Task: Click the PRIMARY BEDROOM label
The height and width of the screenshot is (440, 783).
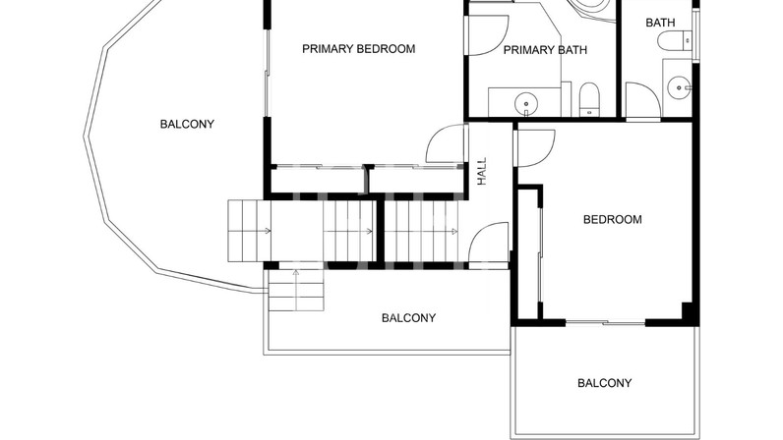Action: click(358, 49)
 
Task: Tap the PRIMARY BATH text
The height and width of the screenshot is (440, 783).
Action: click(545, 50)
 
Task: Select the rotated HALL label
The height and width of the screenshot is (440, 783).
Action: click(482, 172)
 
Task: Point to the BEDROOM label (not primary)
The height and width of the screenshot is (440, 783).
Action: click(612, 219)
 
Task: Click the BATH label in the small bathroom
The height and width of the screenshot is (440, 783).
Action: click(660, 23)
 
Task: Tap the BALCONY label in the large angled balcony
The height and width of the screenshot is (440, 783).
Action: click(187, 124)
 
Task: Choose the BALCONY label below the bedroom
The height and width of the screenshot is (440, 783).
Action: click(604, 383)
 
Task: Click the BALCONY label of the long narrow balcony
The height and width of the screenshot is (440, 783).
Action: click(408, 318)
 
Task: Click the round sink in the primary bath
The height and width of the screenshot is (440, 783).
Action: click(526, 103)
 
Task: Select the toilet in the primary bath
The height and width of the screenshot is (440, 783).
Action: click(590, 99)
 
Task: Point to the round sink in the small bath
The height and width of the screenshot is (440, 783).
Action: click(679, 88)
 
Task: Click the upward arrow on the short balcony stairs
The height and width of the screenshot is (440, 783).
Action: click(296, 291)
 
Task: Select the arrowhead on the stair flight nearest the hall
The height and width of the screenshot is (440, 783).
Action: click(454, 231)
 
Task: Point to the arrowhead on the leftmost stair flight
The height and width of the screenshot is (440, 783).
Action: click(269, 231)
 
